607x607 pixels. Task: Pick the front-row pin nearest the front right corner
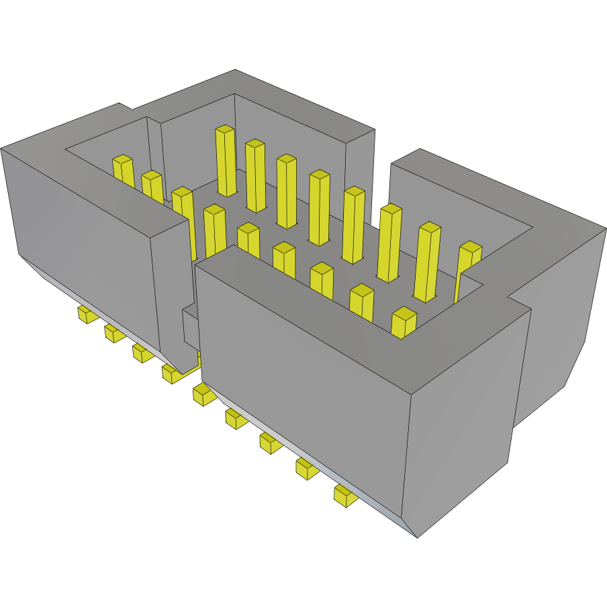[x=404, y=322]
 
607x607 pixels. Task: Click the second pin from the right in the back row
[x=428, y=262]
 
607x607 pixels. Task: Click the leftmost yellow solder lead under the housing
[x=85, y=314]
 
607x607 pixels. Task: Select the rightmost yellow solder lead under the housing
[x=346, y=496]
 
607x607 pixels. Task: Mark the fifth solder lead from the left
[x=203, y=395]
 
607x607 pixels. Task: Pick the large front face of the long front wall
[x=302, y=376]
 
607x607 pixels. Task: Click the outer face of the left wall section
[x=81, y=242]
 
